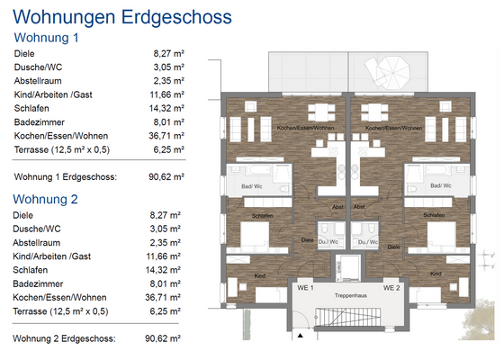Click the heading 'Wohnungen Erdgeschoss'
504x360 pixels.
click(x=122, y=16)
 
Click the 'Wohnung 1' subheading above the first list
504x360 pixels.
click(x=47, y=38)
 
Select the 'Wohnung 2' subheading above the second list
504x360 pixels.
click(x=47, y=199)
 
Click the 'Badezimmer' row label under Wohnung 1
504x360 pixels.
click(x=39, y=121)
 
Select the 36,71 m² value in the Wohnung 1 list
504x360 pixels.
click(x=168, y=135)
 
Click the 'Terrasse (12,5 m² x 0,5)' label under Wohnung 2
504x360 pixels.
click(x=62, y=310)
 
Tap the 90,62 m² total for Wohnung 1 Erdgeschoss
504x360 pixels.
click(x=166, y=176)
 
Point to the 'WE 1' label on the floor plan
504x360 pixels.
click(x=304, y=288)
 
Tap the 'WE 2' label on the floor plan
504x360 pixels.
click(x=390, y=288)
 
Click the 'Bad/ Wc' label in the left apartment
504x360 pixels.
click(x=251, y=186)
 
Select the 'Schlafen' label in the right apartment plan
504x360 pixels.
click(x=433, y=216)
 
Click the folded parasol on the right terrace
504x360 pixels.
click(x=394, y=68)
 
